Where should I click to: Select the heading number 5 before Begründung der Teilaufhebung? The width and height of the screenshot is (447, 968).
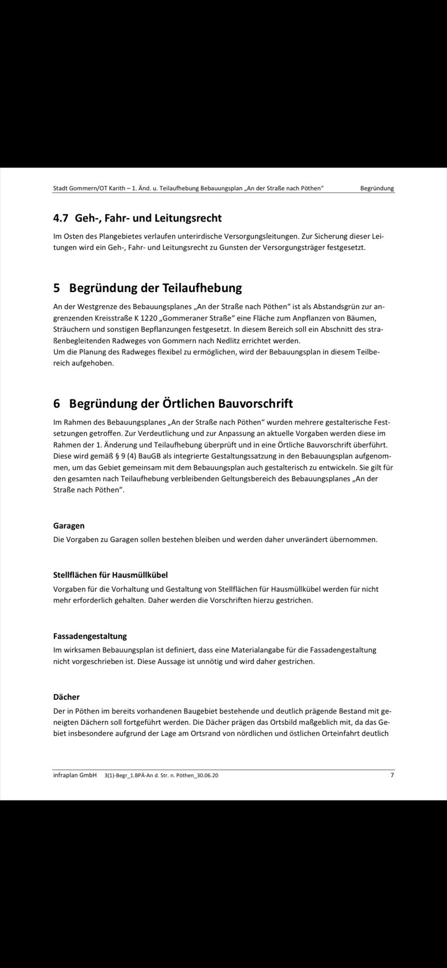(x=57, y=288)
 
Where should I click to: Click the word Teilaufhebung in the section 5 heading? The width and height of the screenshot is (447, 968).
(x=202, y=288)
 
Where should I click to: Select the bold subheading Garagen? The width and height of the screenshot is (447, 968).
(x=69, y=526)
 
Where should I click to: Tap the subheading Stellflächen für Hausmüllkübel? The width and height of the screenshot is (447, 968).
(x=110, y=575)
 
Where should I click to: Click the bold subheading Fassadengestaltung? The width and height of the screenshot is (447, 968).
(x=90, y=636)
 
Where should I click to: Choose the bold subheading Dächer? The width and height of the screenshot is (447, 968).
(x=67, y=697)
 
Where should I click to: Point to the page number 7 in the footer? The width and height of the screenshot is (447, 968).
(x=392, y=775)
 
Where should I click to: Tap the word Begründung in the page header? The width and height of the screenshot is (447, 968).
(x=377, y=188)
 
